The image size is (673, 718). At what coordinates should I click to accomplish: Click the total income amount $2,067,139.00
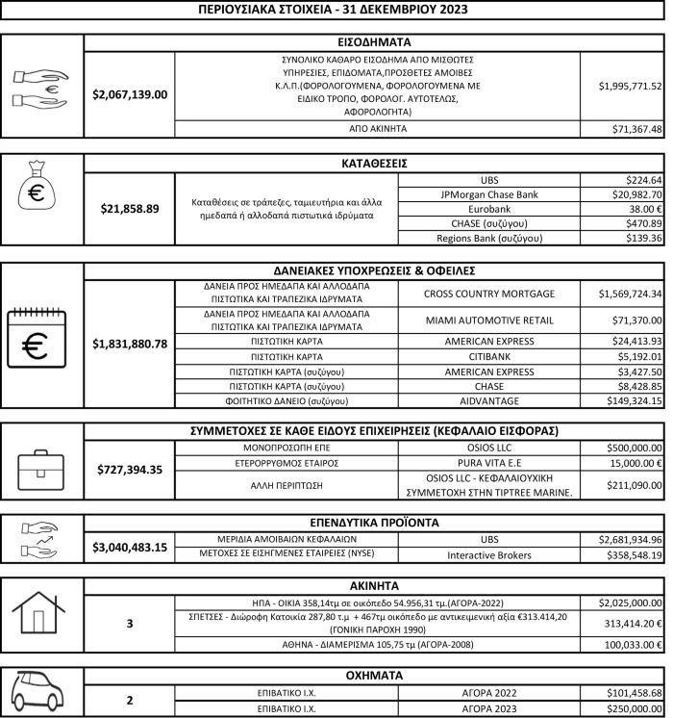(130, 94)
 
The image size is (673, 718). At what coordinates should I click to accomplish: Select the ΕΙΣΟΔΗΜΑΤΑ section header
(375, 42)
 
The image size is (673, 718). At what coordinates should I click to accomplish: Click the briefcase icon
(40, 470)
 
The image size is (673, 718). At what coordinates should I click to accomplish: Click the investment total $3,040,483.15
(130, 547)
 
